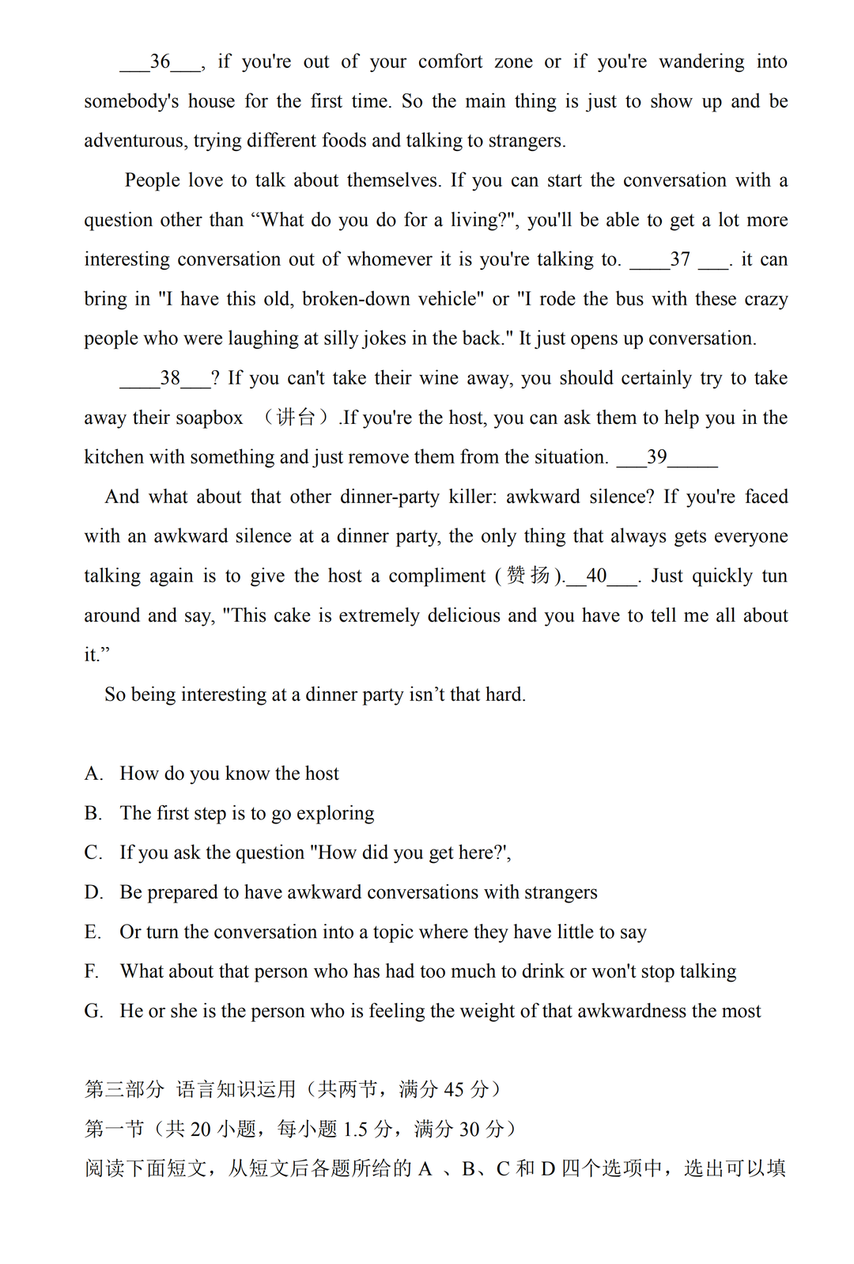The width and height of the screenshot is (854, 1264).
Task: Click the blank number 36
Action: [161, 62]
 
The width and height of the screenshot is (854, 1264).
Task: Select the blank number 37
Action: [680, 260]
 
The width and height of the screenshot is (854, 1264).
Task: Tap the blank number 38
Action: [169, 379]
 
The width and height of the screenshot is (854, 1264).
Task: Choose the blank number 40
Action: [597, 577]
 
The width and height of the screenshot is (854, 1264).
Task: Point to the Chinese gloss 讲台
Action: [296, 418]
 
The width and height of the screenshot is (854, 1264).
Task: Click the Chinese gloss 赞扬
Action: [528, 576]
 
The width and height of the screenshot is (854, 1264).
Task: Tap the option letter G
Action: [93, 1012]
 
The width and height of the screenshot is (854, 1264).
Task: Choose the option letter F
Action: [92, 972]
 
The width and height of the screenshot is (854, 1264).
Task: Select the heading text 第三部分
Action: [124, 1090]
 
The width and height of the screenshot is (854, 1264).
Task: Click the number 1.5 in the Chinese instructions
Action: [355, 1130]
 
